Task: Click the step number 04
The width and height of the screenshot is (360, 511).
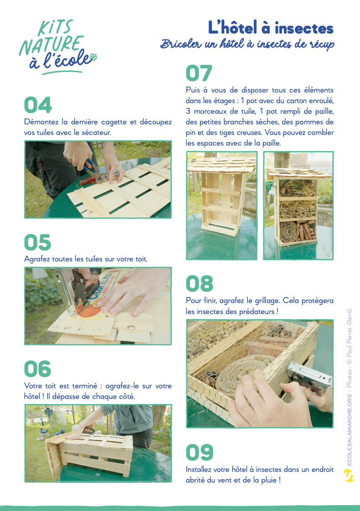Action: [38, 105]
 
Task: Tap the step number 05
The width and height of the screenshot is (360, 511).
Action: [38, 242]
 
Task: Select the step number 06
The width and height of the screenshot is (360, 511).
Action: [38, 369]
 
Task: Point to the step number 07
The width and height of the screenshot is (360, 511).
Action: [199, 73]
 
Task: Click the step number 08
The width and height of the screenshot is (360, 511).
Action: [200, 284]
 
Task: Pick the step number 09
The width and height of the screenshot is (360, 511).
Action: [200, 452]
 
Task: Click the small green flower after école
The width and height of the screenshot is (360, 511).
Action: [94, 57]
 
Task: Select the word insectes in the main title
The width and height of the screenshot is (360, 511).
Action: [304, 28]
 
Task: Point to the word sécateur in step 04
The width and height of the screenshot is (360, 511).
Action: [96, 132]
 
